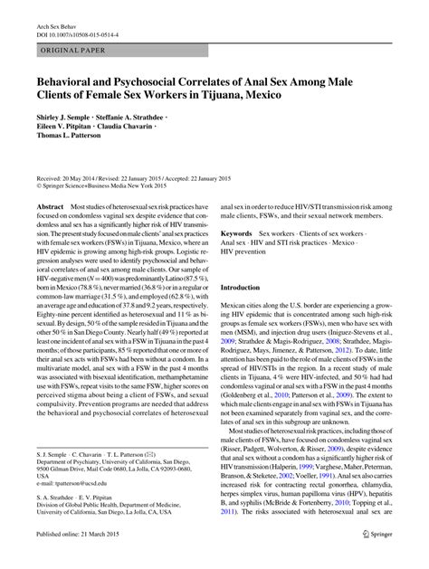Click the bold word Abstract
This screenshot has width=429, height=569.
tap(51, 208)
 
